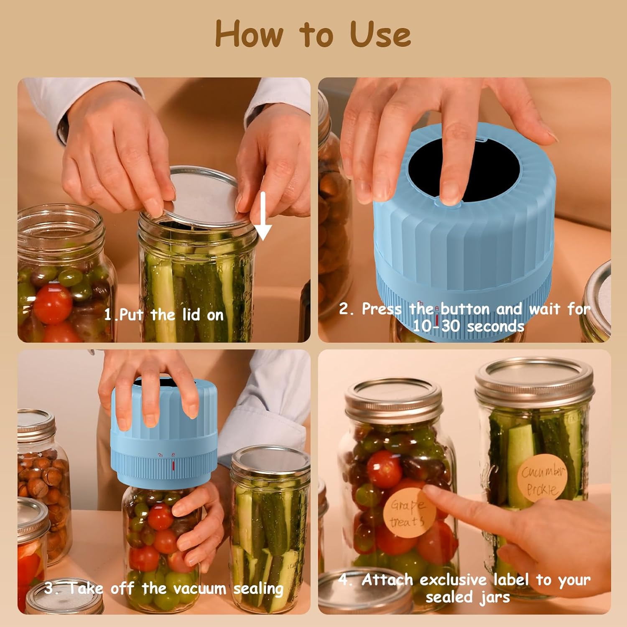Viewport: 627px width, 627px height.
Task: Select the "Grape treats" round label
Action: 408,514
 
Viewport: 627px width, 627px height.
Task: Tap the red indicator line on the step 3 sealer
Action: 173,465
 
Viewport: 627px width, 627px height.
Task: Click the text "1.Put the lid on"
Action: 164,315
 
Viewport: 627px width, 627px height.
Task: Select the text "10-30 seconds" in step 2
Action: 468,326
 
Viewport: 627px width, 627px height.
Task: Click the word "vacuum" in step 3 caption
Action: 200,589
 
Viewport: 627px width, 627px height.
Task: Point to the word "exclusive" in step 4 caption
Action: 454,580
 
